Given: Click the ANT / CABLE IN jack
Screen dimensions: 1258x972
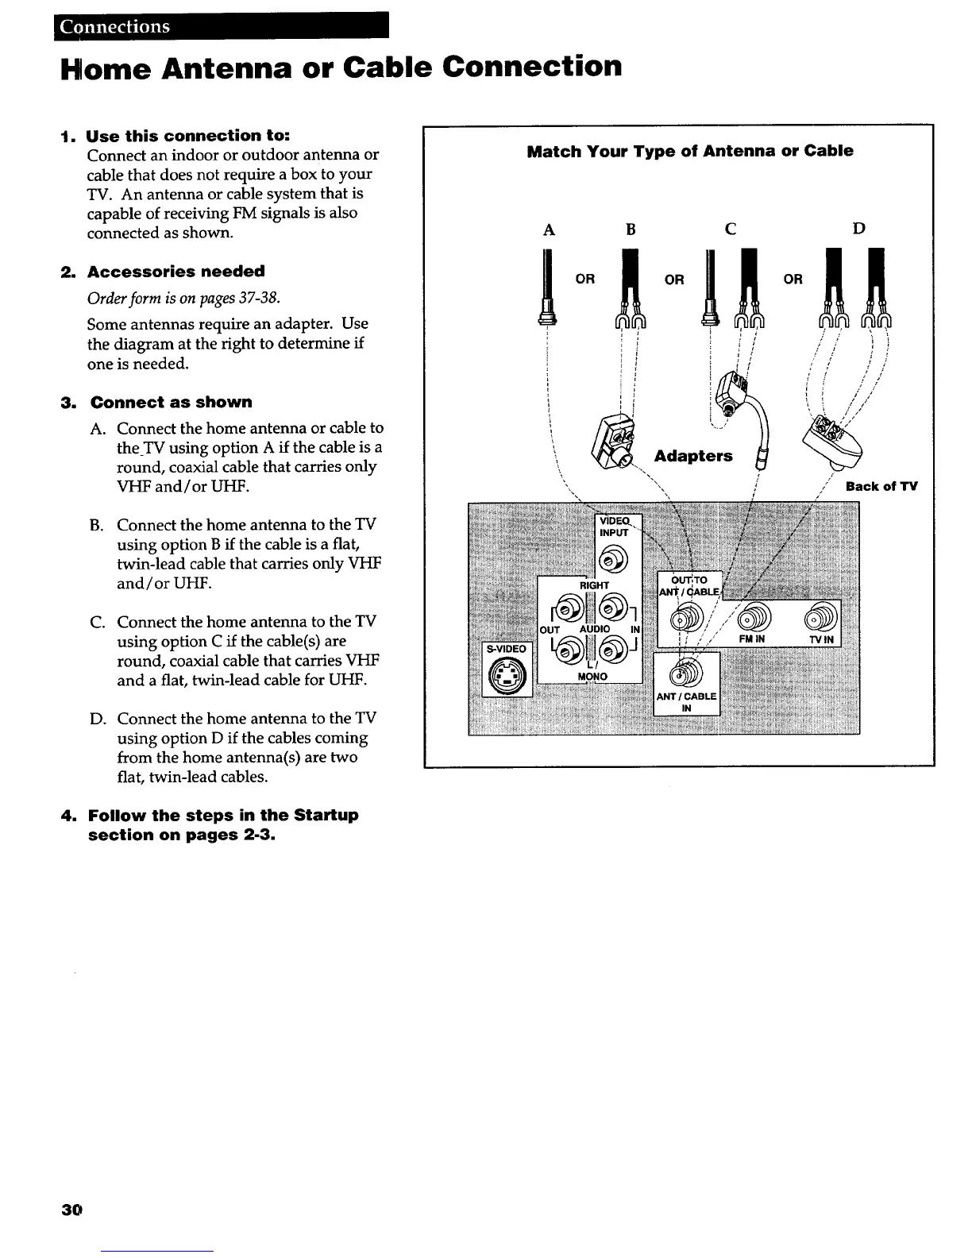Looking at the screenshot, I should [x=685, y=673].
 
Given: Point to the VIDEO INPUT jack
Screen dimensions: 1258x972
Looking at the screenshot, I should [x=613, y=561].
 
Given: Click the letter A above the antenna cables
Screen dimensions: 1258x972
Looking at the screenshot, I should [x=548, y=230].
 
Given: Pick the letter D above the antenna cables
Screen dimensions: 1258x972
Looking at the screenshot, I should [x=858, y=229].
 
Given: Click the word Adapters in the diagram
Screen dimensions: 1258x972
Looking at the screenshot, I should [x=692, y=456].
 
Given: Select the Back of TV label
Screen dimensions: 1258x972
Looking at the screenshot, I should [x=881, y=486].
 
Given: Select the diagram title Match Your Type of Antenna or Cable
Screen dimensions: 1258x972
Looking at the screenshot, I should [x=689, y=151].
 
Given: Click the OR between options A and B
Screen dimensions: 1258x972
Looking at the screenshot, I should [x=585, y=280].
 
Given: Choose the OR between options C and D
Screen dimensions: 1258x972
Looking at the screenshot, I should [x=793, y=280].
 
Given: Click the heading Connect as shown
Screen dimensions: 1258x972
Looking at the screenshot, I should [x=171, y=403].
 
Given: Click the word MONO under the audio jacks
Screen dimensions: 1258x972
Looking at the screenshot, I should [x=592, y=677].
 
